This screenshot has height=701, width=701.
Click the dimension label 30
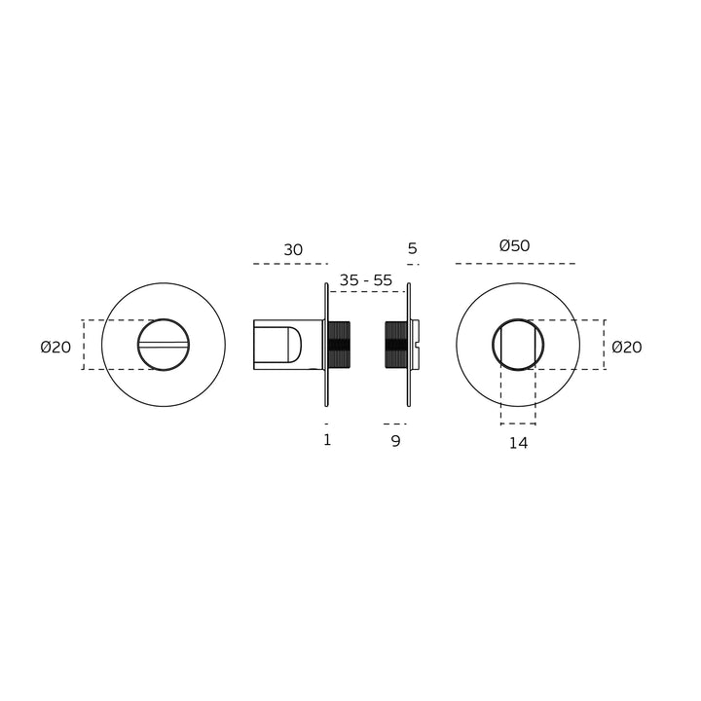click(293, 249)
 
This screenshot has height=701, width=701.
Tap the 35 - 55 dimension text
click(366, 280)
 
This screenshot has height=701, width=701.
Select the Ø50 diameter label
click(515, 245)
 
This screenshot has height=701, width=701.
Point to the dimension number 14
click(519, 443)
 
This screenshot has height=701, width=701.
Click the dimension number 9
click(395, 441)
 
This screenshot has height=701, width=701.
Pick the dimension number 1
click(327, 440)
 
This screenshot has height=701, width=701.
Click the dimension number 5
click(412, 248)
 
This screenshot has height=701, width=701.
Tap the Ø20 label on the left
click(55, 347)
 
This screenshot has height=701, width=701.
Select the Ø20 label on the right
click(627, 347)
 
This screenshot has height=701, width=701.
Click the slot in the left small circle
click(164, 345)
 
